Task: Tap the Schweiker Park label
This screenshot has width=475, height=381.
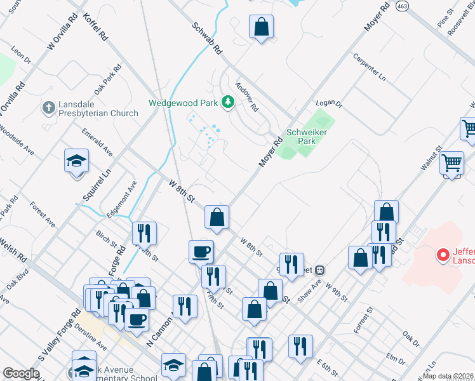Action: tap(301, 137)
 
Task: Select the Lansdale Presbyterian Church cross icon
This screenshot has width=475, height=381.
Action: tap(49, 107)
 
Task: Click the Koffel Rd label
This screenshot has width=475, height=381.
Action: tap(95, 27)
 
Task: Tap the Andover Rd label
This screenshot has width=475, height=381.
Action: tap(247, 97)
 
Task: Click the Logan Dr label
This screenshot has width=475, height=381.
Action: tap(329, 103)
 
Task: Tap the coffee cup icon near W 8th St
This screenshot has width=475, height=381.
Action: tap(201, 251)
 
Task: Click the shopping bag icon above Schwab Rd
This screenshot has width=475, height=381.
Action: tap(261, 27)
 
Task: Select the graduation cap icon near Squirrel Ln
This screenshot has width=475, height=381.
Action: tap(76, 161)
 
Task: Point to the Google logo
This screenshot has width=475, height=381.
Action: tap(21, 373)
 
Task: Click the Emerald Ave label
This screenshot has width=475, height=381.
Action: tap(97, 142)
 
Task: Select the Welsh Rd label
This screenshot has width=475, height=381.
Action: tap(13, 250)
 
